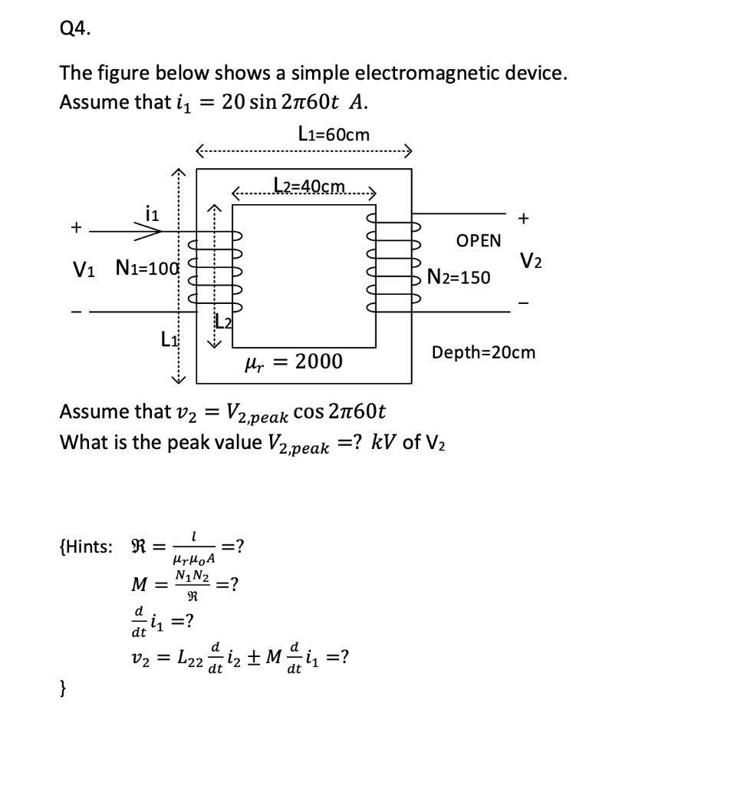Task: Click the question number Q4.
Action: tap(74, 29)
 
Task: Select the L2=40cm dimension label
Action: tap(309, 187)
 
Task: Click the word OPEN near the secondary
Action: tap(478, 240)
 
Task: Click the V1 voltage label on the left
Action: tap(84, 269)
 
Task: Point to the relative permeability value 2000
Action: tap(318, 360)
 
